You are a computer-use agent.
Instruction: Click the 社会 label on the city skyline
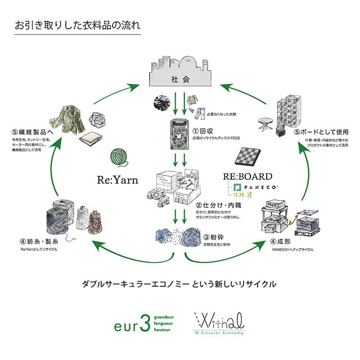tap(179, 79)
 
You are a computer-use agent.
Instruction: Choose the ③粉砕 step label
tap(214, 237)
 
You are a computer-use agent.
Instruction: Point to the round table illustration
tap(265, 122)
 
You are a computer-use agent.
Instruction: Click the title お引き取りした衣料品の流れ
tap(78, 26)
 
